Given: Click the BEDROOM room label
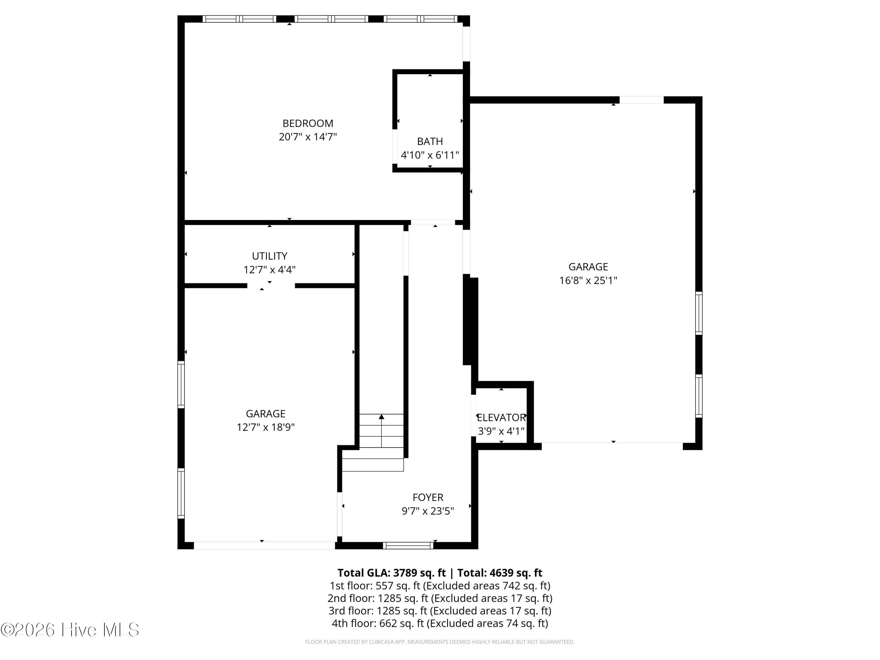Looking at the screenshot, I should point(307,123).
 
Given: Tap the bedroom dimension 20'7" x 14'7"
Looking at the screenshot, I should point(307,137).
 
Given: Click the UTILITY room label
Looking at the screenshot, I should point(269,256).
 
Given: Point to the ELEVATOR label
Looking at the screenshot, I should point(501,417).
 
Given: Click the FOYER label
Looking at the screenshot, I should point(428,497).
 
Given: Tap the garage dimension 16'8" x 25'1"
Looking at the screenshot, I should point(588,280).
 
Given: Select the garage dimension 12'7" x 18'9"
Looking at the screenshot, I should point(265,427).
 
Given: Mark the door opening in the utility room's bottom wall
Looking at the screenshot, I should point(270,286).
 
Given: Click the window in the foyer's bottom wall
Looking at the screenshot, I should point(408,545).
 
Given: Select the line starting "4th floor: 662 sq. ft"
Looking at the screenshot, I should point(440,623).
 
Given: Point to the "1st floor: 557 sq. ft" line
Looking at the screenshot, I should point(440,585).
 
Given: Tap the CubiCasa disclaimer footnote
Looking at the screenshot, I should point(440,642).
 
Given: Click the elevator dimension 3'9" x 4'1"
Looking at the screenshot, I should point(501,431).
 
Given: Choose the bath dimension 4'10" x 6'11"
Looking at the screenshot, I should point(430,155).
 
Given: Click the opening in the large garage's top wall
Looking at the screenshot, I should point(641,100).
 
